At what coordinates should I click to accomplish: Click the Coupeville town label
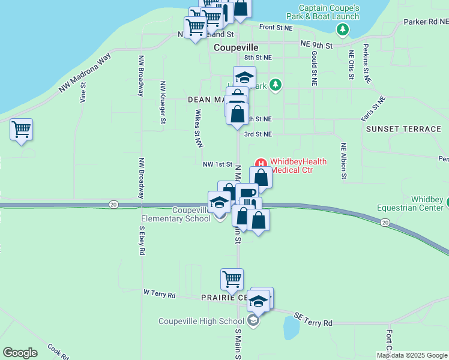coord(236,47)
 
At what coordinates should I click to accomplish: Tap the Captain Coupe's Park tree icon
coord(343,29)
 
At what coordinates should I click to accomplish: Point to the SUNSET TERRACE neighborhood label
coord(403,129)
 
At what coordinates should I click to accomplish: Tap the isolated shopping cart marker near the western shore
coord(22,129)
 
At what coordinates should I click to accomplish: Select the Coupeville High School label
coord(201,321)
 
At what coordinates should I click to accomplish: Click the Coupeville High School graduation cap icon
coord(253,321)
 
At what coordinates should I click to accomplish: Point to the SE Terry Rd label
coord(313,319)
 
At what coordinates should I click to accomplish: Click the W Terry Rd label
coord(160,295)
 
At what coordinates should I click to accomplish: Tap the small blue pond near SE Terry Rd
coord(291,328)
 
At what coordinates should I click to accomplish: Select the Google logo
coord(20,353)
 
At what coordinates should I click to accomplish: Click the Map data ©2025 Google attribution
coord(411,355)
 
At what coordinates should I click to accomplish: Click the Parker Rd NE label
coord(426,22)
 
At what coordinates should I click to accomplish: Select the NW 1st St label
coord(217,164)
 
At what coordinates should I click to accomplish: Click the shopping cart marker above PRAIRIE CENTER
coord(232,279)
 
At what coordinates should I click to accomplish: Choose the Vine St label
coord(83,93)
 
